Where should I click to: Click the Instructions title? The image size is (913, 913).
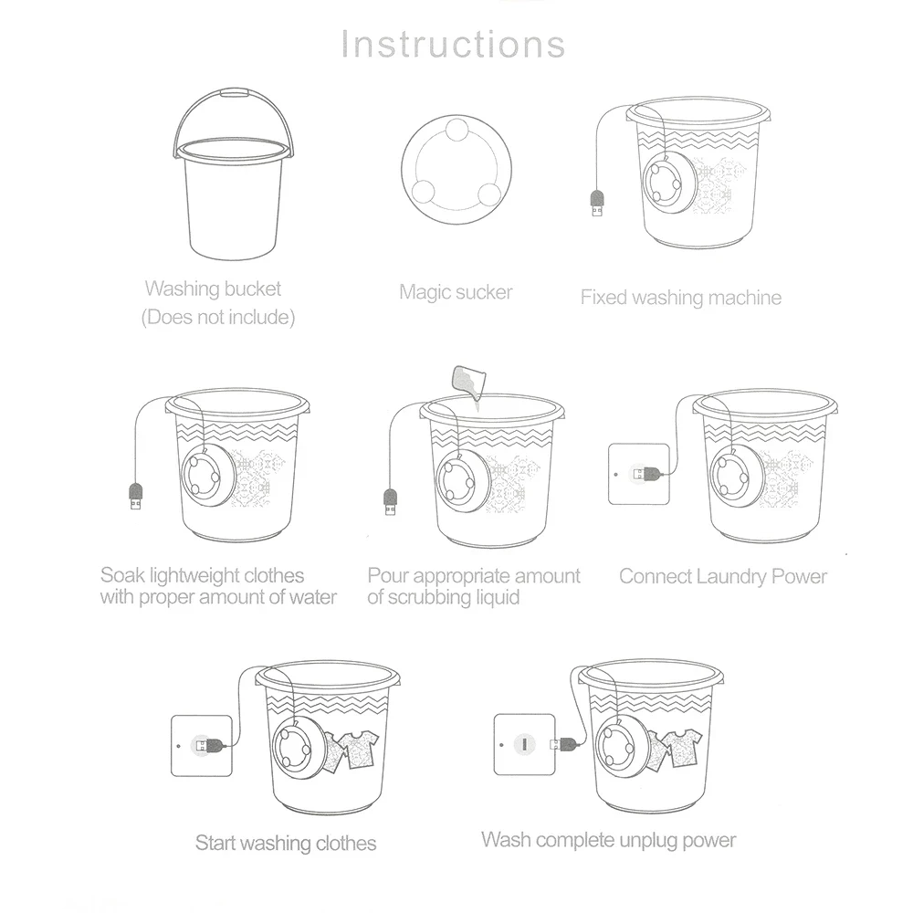click(453, 44)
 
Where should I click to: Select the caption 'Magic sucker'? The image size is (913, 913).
click(456, 292)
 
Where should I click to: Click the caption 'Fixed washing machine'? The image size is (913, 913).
click(680, 297)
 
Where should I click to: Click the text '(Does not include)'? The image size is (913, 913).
click(217, 319)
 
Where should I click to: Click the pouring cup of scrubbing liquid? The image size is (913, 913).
click(467, 380)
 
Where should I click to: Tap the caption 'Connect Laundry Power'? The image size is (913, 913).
click(722, 576)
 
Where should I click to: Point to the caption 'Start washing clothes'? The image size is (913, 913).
click(285, 842)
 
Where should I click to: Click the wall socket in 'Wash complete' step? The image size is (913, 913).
click(524, 744)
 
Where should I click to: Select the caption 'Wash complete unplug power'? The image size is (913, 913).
click(608, 839)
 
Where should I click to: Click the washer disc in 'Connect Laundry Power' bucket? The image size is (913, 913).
click(734, 474)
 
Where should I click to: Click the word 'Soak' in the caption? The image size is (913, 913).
click(121, 576)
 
